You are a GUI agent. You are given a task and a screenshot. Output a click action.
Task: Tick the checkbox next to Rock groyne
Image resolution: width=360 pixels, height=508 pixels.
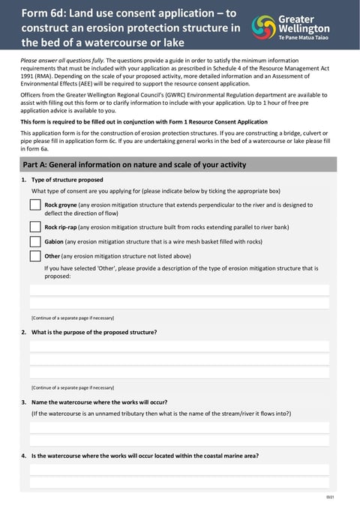coord(35,205)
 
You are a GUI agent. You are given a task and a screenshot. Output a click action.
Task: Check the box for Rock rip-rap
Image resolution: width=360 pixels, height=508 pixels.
coord(35,226)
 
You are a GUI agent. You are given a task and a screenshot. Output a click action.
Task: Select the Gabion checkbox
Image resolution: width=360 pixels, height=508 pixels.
coord(35,241)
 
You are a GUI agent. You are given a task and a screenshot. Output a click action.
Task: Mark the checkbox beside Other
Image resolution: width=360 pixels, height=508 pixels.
coord(35,255)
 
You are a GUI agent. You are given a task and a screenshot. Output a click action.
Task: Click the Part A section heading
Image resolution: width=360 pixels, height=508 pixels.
coord(134,165)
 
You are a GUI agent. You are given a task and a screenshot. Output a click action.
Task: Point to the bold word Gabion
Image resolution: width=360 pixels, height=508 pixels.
coord(53,241)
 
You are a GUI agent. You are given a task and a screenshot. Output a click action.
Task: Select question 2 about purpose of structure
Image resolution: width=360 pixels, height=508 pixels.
coord(94,332)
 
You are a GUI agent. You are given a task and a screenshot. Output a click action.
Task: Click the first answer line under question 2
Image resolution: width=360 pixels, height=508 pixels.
coord(179,346)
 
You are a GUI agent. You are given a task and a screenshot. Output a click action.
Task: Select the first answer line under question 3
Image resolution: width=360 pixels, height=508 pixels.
coord(179,427)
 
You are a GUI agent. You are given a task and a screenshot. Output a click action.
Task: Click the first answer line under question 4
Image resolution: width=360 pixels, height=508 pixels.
coord(179,470)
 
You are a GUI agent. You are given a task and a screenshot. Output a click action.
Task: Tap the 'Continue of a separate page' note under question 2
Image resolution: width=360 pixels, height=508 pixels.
coord(73,387)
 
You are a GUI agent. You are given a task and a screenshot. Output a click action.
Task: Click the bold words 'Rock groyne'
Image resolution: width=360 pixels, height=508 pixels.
coord(61,205)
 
